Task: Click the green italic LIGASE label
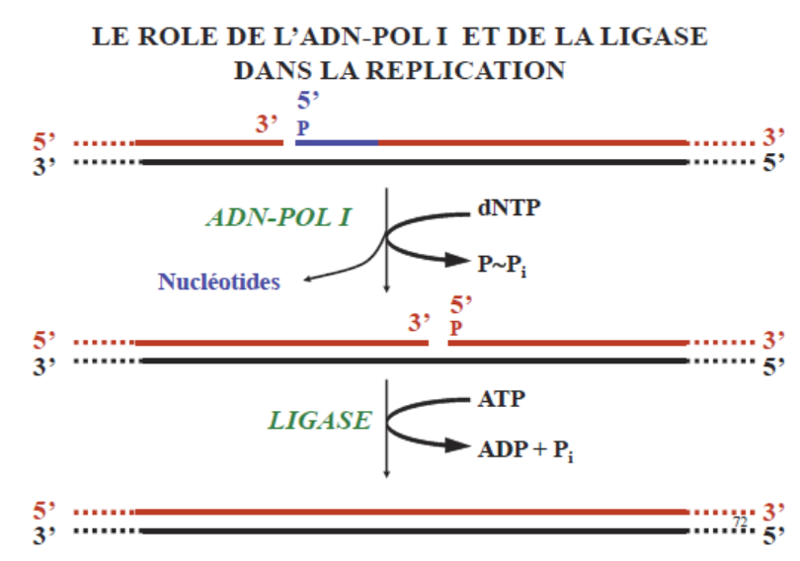(x=320, y=420)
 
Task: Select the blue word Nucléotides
(x=218, y=281)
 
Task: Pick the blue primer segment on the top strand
(x=337, y=143)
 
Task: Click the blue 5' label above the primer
(x=309, y=101)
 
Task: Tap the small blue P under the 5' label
(x=302, y=127)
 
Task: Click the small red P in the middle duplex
(x=454, y=325)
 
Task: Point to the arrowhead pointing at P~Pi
(x=456, y=261)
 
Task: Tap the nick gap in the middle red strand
(x=439, y=343)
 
